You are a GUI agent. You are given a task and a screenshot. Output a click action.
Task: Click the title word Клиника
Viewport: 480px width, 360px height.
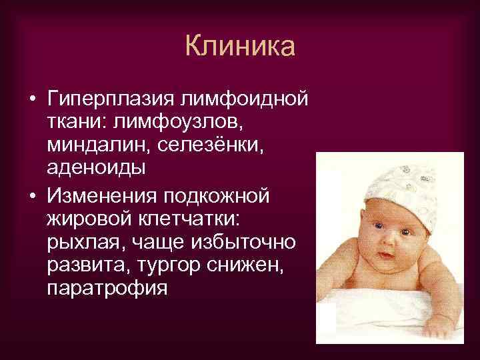pyautogui.click(x=240, y=47)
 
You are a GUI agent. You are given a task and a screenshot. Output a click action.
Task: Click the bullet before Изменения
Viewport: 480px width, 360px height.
pyautogui.click(x=32, y=197)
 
